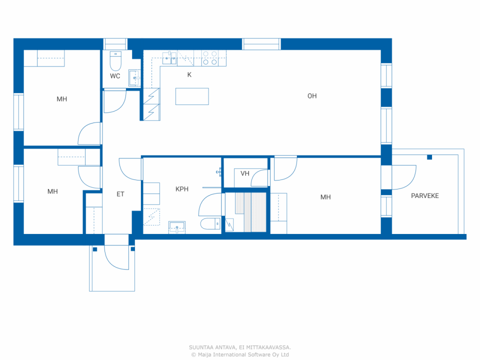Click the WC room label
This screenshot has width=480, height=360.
[115, 76]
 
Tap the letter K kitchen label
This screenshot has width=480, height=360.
[189, 75]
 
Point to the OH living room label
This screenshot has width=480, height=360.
[312, 96]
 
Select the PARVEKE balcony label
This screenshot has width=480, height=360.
[425, 196]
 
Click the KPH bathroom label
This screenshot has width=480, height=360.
[182, 189]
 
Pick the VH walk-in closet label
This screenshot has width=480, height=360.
[245, 174]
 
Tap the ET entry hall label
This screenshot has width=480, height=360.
[120, 194]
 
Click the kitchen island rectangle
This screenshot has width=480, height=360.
[192, 96]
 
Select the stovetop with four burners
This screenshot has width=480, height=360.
[210, 58]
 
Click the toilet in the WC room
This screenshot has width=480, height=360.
[115, 61]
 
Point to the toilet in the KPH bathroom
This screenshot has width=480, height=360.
[210, 223]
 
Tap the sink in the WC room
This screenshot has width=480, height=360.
[134, 78]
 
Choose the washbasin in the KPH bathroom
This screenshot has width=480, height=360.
[177, 227]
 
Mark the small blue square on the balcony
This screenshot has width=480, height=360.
[429, 157]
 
